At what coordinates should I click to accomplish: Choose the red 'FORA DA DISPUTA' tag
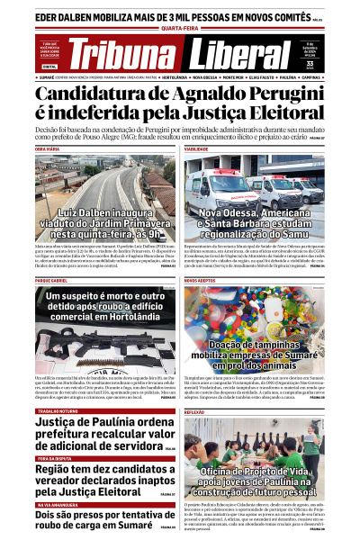click(55, 434)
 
